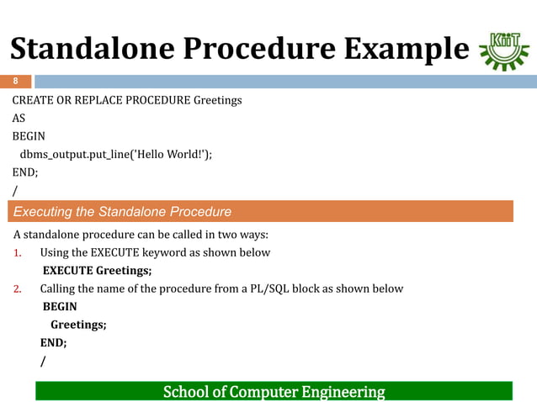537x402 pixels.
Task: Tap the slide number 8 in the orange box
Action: click(14, 82)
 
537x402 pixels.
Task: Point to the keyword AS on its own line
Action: click(19, 118)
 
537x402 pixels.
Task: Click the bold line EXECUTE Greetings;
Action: click(97, 271)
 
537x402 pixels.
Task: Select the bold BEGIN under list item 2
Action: click(60, 307)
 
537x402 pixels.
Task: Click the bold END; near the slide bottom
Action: click(54, 343)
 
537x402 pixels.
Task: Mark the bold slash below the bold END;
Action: click(43, 362)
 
